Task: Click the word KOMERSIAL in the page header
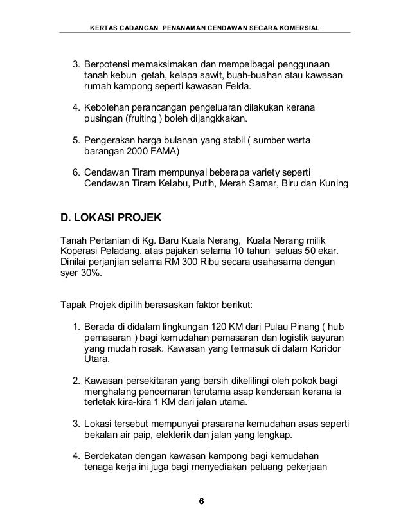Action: (301, 28)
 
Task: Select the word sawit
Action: (199, 76)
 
